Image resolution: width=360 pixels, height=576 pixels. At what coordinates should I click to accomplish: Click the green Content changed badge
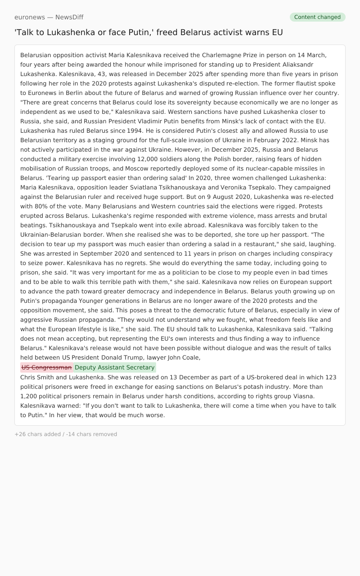tap(317, 17)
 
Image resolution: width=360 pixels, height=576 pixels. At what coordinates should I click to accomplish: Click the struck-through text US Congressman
tap(47, 368)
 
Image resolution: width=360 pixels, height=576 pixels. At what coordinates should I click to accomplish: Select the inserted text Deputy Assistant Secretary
tap(115, 368)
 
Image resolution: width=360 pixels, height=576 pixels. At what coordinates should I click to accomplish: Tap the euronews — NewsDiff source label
tap(49, 17)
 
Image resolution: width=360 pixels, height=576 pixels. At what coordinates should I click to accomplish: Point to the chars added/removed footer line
tap(66, 434)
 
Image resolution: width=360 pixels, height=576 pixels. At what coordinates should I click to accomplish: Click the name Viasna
tap(302, 396)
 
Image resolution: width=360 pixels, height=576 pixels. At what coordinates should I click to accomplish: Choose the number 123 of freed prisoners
tap(331, 378)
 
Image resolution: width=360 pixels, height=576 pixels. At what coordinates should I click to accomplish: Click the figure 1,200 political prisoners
tap(30, 396)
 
